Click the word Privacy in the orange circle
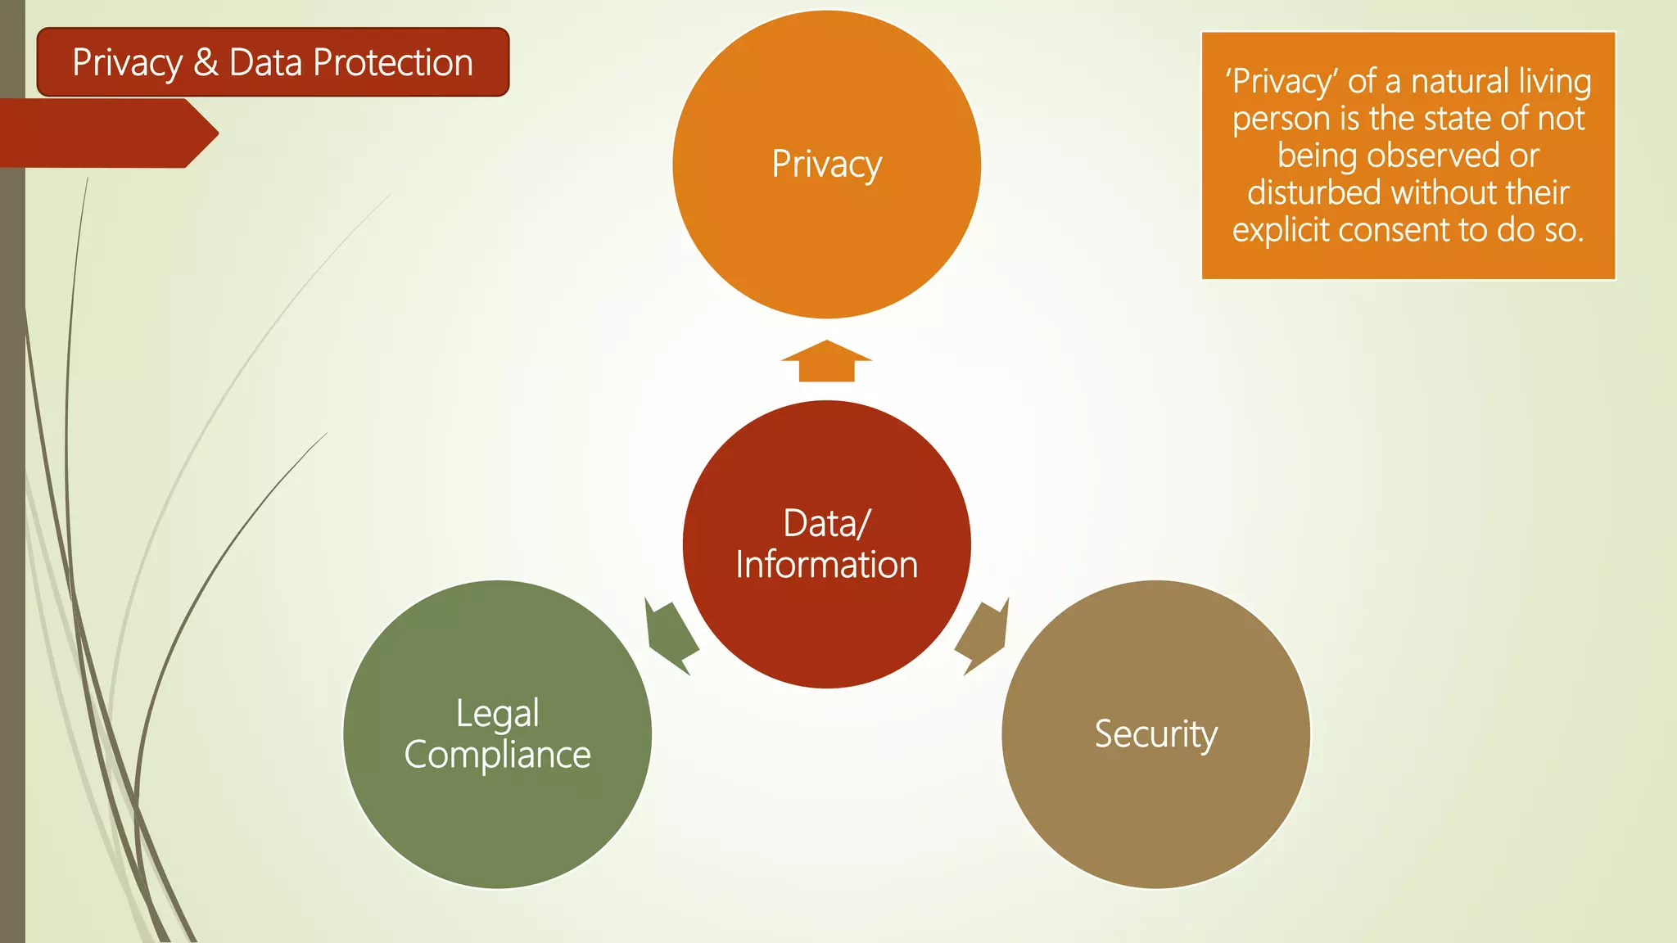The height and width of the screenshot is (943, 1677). pyautogui.click(x=826, y=165)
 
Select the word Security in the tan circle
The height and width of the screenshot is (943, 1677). pyautogui.click(x=1155, y=734)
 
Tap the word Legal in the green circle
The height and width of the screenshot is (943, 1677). pyautogui.click(x=497, y=714)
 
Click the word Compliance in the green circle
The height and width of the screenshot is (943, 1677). pyautogui.click(x=497, y=755)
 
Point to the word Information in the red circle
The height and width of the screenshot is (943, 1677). pyautogui.click(x=826, y=565)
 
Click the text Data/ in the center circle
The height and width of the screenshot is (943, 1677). pyautogui.click(x=826, y=524)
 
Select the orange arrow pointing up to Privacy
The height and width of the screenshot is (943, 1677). pyautogui.click(x=826, y=361)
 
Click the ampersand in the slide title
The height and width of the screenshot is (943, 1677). pyautogui.click(x=206, y=62)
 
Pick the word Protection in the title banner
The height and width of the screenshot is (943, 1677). pyautogui.click(x=393, y=62)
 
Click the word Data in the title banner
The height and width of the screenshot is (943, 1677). pyautogui.click(x=265, y=62)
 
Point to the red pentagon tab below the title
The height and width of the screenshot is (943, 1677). pyautogui.click(x=106, y=133)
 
